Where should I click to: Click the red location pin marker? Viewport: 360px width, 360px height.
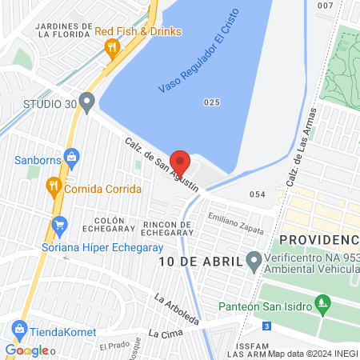click(x=181, y=162)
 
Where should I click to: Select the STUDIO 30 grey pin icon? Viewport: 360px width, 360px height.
click(x=87, y=102)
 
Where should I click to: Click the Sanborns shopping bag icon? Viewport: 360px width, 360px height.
click(x=71, y=157)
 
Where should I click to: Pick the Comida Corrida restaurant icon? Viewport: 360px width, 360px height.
click(x=53, y=187)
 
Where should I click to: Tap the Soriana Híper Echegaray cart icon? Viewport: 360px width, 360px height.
click(x=58, y=227)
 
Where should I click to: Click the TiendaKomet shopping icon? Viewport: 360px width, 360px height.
click(x=19, y=329)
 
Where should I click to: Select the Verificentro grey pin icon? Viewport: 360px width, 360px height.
click(x=254, y=261)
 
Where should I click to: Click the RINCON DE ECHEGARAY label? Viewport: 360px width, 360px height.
click(x=166, y=228)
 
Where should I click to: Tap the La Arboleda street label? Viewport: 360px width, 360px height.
click(x=177, y=310)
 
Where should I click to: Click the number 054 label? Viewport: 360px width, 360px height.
click(x=257, y=194)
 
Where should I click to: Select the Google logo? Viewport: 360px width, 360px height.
click(x=27, y=350)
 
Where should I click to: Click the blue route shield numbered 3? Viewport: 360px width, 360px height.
click(x=266, y=326)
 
